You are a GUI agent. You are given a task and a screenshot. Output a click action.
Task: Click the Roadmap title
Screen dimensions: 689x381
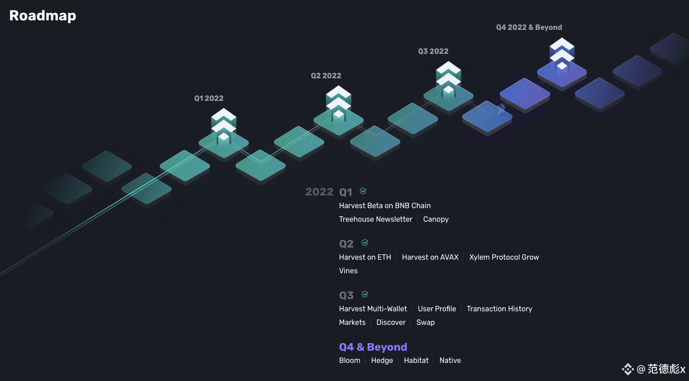(42, 16)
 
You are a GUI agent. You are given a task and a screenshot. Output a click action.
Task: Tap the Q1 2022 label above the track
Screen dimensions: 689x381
(209, 98)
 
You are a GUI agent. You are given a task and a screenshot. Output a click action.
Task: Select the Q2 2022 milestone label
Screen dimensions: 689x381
(326, 76)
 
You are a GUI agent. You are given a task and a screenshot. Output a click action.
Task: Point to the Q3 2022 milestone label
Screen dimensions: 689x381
(433, 52)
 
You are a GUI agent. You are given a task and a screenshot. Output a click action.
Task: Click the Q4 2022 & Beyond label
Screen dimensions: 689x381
(529, 28)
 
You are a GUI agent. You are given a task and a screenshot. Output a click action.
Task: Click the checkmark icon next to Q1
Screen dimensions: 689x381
(363, 191)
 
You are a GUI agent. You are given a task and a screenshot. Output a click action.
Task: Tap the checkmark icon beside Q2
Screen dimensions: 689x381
(365, 243)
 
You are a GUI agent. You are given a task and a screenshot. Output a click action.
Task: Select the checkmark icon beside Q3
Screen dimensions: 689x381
(365, 294)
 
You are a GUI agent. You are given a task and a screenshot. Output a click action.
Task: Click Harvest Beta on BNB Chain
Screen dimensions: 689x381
(385, 205)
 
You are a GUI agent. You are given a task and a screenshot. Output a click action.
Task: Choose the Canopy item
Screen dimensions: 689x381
(436, 219)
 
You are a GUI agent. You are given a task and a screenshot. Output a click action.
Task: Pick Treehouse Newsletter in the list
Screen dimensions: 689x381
(376, 219)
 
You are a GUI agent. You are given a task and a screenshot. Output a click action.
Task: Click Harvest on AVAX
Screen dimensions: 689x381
(430, 257)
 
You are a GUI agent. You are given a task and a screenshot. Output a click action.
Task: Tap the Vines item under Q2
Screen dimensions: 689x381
(348, 271)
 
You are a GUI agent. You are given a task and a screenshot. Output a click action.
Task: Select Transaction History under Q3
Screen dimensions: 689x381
(499, 309)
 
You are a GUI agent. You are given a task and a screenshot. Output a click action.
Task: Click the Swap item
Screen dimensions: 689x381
(425, 323)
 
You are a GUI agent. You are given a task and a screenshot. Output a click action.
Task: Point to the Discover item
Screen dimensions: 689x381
(391, 323)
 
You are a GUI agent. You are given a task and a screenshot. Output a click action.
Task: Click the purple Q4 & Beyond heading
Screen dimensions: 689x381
(373, 347)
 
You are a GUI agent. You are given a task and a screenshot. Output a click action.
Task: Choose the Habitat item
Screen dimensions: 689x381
(416, 360)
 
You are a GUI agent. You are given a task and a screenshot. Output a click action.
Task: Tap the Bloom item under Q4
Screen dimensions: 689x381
(349, 360)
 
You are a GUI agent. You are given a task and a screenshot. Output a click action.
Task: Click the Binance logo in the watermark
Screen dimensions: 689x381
(628, 369)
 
